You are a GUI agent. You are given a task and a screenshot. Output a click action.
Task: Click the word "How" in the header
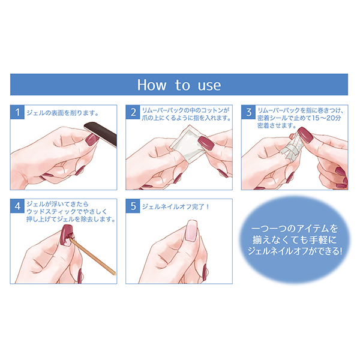152,85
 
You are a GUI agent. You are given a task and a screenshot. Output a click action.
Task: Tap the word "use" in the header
209,85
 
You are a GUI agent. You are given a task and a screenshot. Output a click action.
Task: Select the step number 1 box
17,112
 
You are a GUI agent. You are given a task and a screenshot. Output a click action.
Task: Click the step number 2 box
133,112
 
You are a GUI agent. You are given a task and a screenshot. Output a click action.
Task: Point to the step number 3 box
248,112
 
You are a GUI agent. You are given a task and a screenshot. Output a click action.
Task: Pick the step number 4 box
17,206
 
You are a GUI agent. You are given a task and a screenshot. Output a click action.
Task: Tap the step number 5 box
133,206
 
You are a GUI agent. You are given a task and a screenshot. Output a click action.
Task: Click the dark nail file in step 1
101,133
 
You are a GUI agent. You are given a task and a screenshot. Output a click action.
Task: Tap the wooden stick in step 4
92,256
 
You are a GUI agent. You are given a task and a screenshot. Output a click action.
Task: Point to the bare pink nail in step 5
191,231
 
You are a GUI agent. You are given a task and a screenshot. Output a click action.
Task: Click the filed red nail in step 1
91,139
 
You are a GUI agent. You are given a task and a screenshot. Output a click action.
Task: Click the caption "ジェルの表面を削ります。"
62,113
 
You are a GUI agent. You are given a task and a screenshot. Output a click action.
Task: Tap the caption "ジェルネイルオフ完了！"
176,206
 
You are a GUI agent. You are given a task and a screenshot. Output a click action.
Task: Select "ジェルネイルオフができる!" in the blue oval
295,251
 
